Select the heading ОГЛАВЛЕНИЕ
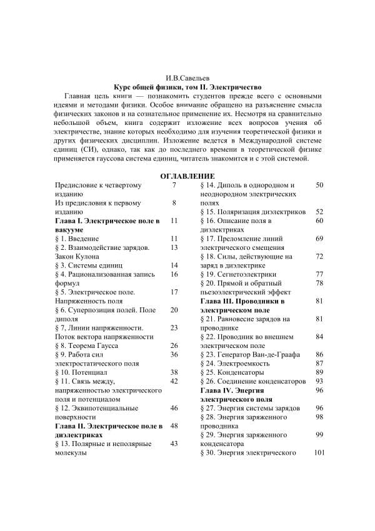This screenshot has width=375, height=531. click(x=187, y=176)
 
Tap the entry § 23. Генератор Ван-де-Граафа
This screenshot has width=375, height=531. click(x=252, y=354)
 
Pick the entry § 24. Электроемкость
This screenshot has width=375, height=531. click(x=237, y=363)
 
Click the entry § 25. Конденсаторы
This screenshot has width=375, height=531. click(x=236, y=372)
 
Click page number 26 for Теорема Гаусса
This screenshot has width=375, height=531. click(x=174, y=345)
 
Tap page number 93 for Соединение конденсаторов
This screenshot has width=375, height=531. click(x=319, y=380)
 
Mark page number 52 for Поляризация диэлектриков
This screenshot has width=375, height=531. click(x=319, y=212)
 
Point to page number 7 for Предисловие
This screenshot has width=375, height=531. click(x=174, y=185)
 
